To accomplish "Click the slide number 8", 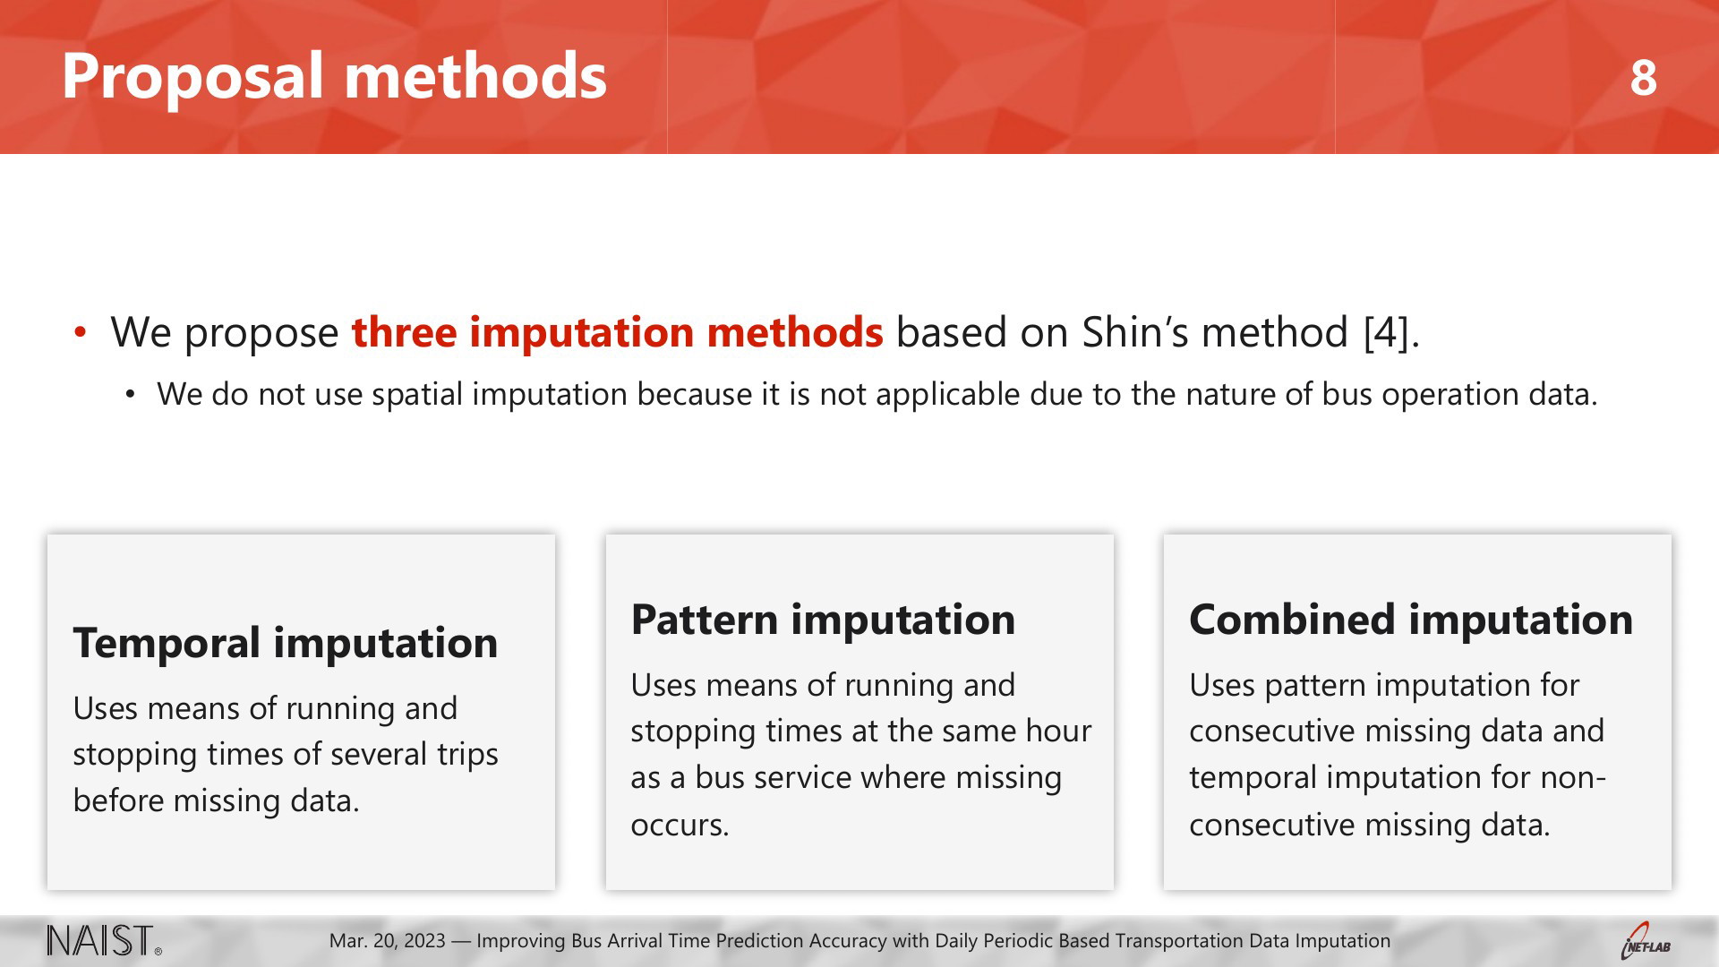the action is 1643,78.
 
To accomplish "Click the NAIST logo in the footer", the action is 105,941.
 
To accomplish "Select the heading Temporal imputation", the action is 286,643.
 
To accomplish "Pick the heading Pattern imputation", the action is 823,620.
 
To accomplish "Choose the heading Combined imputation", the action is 1411,620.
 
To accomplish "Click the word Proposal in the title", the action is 192,77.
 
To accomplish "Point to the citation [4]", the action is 1391,332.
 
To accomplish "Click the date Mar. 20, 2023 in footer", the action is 388,941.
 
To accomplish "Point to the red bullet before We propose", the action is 81,332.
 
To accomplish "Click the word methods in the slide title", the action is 475,77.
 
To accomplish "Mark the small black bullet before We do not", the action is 131,395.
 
